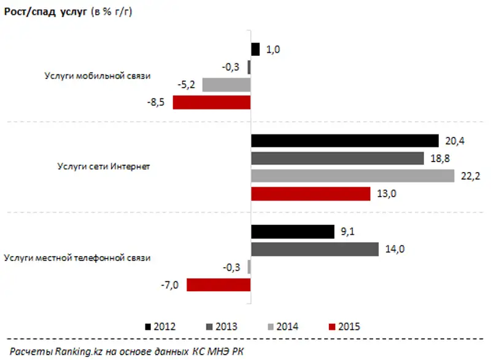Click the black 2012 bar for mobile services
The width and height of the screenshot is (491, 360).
[x=256, y=49]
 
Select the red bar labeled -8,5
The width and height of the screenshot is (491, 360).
[x=212, y=102]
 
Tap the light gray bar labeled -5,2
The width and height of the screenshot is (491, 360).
[x=226, y=85]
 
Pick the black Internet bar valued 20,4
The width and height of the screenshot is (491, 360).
[x=345, y=141]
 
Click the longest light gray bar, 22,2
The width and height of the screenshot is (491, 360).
[x=352, y=176]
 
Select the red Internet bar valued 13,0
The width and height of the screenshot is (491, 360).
[x=311, y=194]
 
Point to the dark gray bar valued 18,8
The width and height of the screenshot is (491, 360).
[x=338, y=158]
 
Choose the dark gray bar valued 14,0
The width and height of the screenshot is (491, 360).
[x=315, y=249]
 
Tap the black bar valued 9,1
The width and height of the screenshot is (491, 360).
[x=292, y=231]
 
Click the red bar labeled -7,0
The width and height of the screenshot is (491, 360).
[x=218, y=284]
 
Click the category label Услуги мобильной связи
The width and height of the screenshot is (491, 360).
[x=97, y=76]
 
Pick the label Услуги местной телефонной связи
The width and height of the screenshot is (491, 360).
[x=77, y=258]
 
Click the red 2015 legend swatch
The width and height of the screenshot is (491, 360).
[x=333, y=326]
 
